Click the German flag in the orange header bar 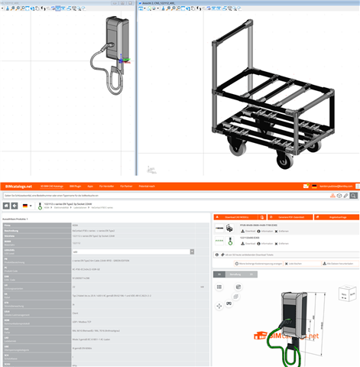click(313, 186)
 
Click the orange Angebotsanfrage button click(339, 218)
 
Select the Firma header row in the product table click(103, 226)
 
